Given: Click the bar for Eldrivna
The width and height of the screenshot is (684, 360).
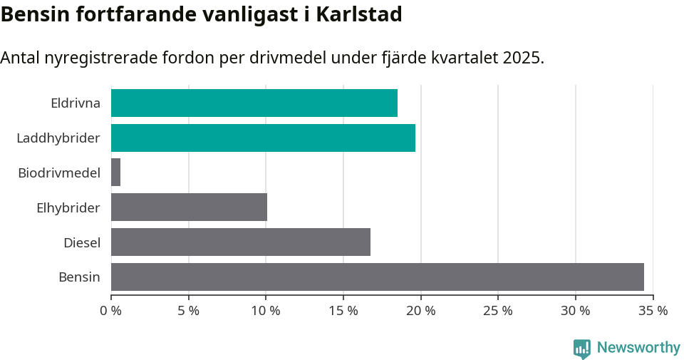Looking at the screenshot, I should tap(254, 103).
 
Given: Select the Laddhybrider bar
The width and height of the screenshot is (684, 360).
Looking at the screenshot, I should tap(263, 138).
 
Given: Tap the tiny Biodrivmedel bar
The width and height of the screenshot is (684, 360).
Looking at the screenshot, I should tap(115, 173).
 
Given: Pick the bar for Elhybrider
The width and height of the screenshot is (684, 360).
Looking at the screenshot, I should tap(189, 207).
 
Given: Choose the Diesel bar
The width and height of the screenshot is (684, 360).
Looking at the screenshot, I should tap(240, 242).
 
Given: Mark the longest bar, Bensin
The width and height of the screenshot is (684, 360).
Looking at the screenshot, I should tap(377, 277).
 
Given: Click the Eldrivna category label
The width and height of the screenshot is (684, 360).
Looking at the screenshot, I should tap(76, 103).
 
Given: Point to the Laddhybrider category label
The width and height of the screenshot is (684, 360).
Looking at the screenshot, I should tap(58, 138).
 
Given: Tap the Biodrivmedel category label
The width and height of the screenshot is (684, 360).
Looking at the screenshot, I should tap(59, 173).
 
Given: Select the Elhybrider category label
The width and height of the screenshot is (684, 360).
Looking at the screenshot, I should tap(68, 208).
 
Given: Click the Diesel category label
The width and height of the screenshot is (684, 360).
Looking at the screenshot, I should tap(82, 243).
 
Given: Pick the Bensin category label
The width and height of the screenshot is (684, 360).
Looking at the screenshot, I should tap(79, 277).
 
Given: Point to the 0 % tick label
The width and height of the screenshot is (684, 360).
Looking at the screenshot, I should tap(111, 311).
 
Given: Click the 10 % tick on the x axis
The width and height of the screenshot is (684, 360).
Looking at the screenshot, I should tap(266, 311).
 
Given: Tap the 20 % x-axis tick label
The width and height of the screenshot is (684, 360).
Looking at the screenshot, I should tap(420, 311).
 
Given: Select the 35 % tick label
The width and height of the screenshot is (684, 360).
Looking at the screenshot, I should tap(653, 311).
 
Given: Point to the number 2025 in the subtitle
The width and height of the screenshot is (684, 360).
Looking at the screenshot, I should tap(522, 58).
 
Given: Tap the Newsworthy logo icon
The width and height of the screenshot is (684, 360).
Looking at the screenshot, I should tap(581, 348).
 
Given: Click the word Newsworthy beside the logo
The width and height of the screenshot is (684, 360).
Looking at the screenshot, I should tap(638, 348).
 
